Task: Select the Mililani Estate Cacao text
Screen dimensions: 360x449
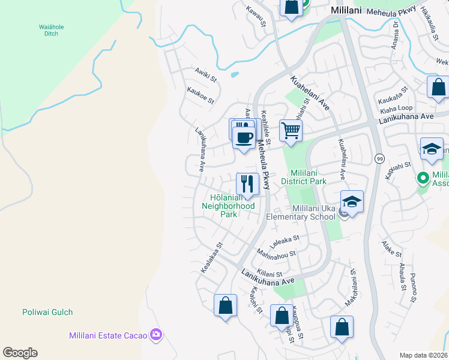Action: (x=108, y=335)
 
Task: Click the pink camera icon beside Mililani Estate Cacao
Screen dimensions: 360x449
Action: (x=156, y=334)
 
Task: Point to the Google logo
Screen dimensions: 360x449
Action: (x=20, y=353)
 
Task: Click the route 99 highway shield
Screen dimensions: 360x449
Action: (x=379, y=158)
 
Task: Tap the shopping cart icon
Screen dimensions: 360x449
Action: (x=291, y=130)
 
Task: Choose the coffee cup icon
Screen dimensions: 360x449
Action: (x=244, y=137)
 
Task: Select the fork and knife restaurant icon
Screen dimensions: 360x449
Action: (x=247, y=183)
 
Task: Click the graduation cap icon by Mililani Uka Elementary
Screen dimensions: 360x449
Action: (x=352, y=202)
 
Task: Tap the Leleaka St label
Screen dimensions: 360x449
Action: (x=285, y=242)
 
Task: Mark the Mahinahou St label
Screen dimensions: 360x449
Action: (x=276, y=254)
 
